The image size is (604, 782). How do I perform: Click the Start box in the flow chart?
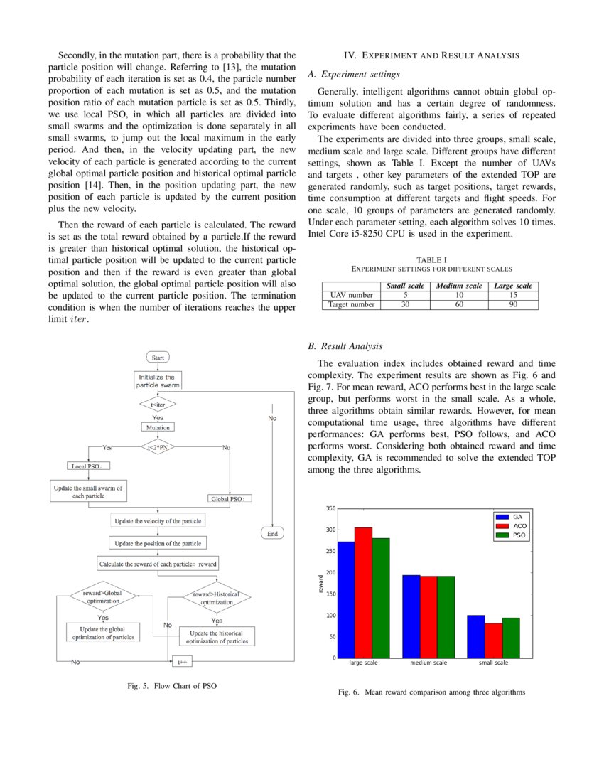(158, 358)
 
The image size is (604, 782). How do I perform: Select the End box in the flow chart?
(272, 533)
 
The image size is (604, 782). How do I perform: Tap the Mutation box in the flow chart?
(158, 428)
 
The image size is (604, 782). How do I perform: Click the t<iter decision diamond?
(158, 405)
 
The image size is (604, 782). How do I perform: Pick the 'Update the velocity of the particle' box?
(158, 521)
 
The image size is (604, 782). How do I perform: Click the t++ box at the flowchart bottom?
(181, 662)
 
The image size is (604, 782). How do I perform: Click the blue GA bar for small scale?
(475, 636)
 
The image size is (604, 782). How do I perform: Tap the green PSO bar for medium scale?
(446, 616)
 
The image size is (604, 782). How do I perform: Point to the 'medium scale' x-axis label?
(428, 663)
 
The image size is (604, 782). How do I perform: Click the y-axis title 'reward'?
(321, 583)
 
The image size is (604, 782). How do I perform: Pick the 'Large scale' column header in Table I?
(512, 286)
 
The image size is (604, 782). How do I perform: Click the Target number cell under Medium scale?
(459, 304)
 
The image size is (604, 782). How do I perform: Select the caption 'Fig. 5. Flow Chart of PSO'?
(171, 687)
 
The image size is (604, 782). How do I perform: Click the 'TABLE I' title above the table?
(431, 261)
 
